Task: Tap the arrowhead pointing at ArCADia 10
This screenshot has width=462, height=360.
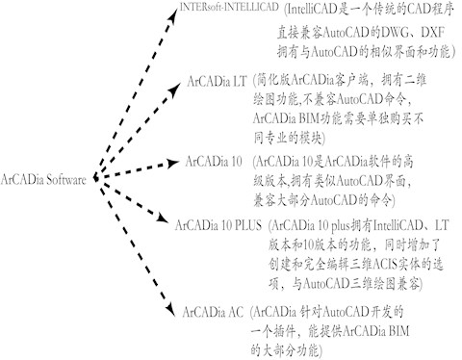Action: point(176,160)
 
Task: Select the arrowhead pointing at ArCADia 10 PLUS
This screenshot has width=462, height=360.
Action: point(167,227)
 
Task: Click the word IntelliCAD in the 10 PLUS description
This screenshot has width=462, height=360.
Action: point(385,227)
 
